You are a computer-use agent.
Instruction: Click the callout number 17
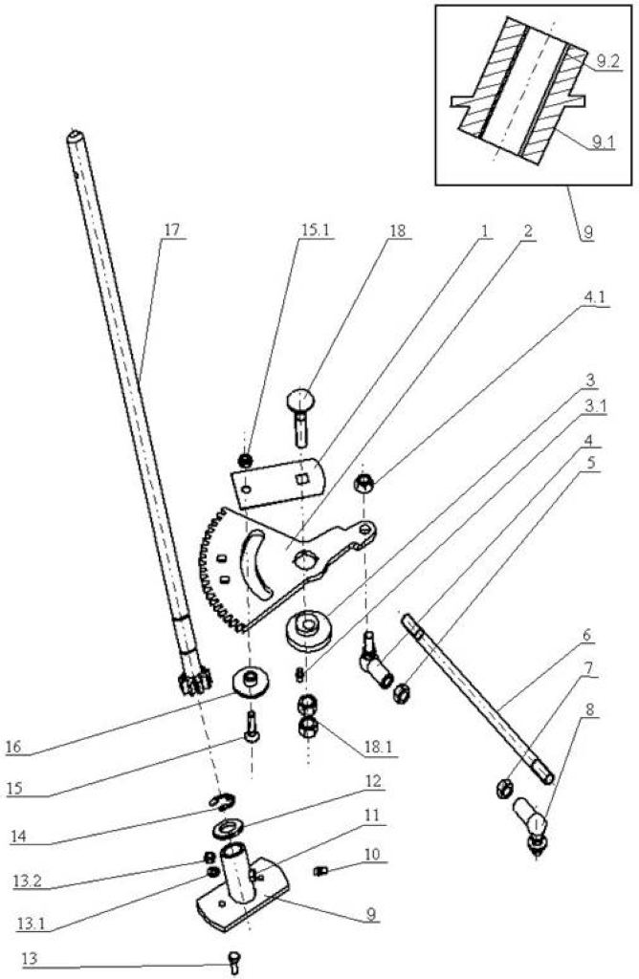point(171,229)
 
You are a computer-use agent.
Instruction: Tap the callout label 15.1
point(315,229)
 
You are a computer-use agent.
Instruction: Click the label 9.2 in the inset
point(607,60)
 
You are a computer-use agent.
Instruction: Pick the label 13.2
point(26,881)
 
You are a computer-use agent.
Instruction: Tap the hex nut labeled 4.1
point(363,483)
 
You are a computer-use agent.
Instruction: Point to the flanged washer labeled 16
point(252,681)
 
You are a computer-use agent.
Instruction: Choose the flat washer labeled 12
point(229,829)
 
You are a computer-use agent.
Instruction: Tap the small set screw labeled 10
point(321,870)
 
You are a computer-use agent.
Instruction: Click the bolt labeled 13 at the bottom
point(234,961)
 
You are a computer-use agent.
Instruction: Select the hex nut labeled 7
point(503,789)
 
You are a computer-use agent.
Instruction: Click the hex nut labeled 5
point(401,693)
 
